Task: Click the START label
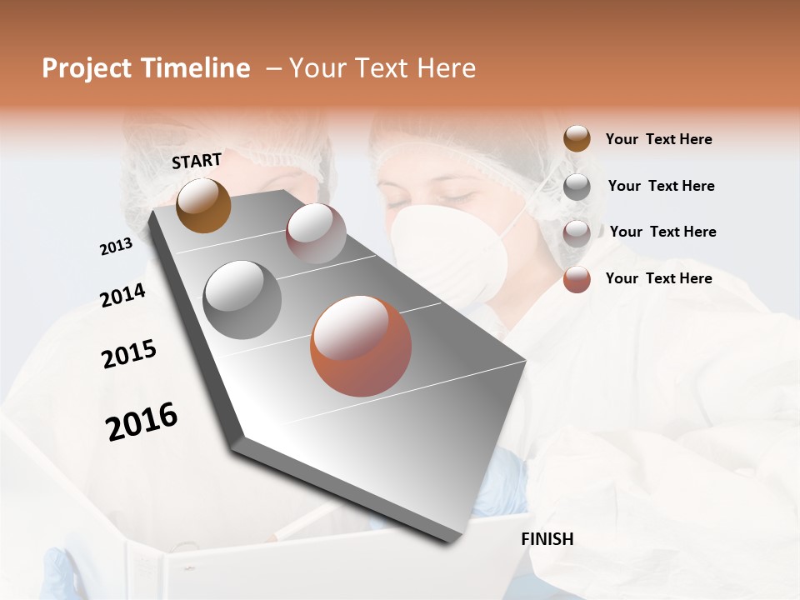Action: click(x=197, y=161)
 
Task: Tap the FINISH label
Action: click(x=547, y=539)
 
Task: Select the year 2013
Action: click(x=116, y=247)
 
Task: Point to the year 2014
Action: click(x=122, y=295)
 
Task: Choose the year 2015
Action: click(x=129, y=354)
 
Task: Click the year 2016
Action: click(x=142, y=422)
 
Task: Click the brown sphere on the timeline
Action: click(x=203, y=205)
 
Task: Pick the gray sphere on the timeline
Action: click(x=242, y=300)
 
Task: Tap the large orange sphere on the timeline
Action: click(x=361, y=346)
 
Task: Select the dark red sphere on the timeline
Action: click(x=316, y=233)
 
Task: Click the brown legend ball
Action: click(x=577, y=138)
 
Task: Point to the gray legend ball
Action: click(x=577, y=186)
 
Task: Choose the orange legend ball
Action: click(x=577, y=279)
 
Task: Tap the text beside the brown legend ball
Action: click(x=658, y=139)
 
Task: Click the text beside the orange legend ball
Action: click(x=658, y=278)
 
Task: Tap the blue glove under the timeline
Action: click(x=500, y=483)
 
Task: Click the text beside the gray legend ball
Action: click(x=661, y=186)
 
